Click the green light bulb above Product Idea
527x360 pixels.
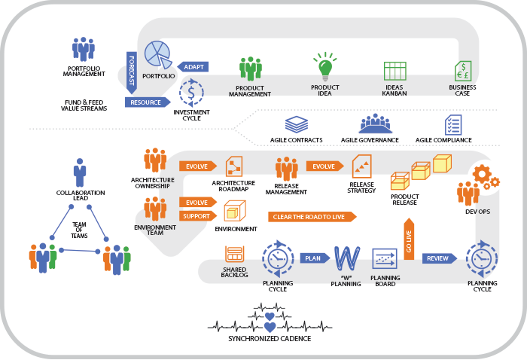[325, 67]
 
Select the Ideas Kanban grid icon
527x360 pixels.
[394, 71]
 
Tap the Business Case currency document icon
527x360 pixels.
[462, 71]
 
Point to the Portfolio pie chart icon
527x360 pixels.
[157, 53]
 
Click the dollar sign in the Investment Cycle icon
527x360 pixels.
[192, 94]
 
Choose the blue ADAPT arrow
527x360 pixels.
[192, 66]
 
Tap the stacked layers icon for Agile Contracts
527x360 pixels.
[295, 124]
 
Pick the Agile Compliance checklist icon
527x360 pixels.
[453, 125]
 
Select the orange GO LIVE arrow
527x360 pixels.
[409, 239]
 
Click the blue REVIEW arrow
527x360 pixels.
[439, 258]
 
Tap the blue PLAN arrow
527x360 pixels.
[312, 258]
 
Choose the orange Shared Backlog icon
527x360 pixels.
[233, 254]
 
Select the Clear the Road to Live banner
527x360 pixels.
[312, 216]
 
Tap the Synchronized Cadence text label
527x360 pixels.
[269, 338]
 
